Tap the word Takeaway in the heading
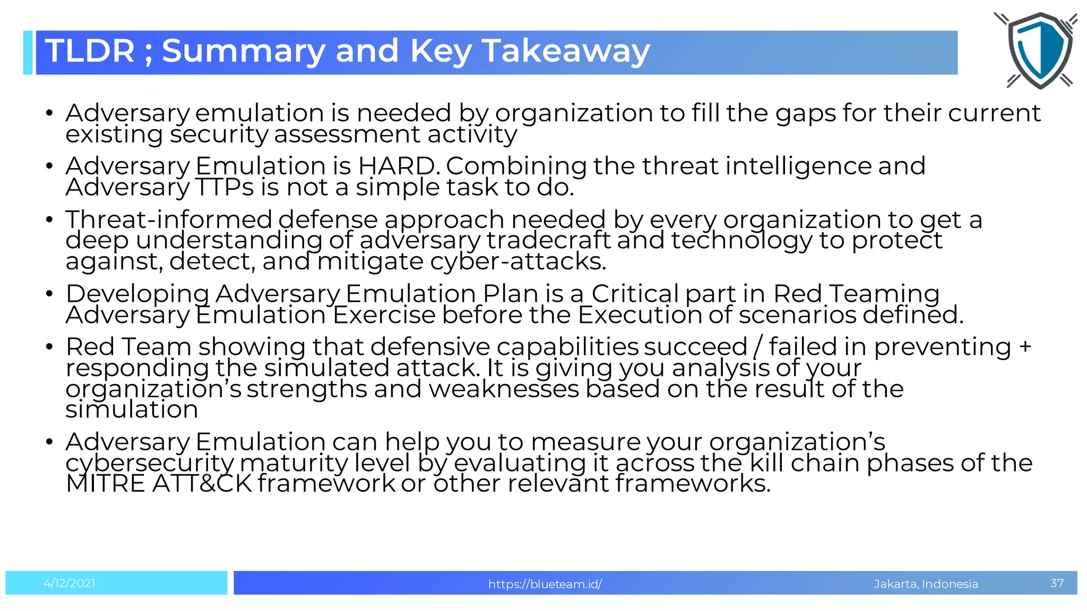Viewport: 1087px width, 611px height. click(566, 51)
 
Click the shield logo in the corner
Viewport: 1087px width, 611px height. click(1039, 50)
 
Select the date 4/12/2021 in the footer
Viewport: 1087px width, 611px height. click(70, 583)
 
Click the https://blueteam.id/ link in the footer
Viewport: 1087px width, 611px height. click(545, 584)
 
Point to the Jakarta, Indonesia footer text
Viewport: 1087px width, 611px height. click(926, 584)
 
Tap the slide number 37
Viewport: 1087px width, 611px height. click(1057, 583)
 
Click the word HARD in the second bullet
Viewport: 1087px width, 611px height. click(397, 166)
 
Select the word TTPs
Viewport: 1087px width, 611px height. click(225, 187)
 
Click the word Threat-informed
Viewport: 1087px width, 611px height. click(169, 220)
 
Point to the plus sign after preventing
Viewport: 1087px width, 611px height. click(1025, 347)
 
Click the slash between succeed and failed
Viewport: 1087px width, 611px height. click(758, 347)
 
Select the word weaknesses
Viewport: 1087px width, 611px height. click(503, 389)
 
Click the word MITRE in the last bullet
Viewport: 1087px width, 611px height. click(105, 484)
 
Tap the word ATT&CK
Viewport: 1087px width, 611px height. click(202, 484)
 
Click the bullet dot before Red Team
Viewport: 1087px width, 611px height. click(49, 347)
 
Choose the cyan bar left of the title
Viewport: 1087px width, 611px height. click(28, 53)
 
